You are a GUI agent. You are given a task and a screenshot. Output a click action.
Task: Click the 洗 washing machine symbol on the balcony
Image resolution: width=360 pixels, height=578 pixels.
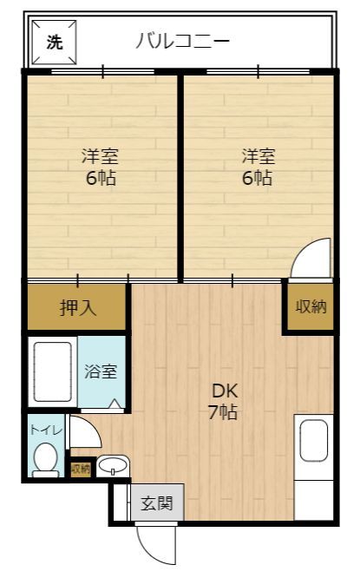[x=54, y=41]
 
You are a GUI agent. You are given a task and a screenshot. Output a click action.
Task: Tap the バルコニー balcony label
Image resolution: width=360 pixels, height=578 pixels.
[x=182, y=40]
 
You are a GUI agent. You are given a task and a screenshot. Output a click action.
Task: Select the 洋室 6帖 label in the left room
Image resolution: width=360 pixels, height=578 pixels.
[x=100, y=168]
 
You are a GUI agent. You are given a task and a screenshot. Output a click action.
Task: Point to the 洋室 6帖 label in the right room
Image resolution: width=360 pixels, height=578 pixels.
[x=258, y=168]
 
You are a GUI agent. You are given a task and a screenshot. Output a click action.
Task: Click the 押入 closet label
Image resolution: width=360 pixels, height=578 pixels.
[x=77, y=307]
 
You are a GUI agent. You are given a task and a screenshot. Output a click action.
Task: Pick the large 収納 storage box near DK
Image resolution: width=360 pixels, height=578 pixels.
[x=310, y=306]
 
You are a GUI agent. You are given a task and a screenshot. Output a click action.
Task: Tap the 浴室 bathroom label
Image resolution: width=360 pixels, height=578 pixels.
[x=101, y=371]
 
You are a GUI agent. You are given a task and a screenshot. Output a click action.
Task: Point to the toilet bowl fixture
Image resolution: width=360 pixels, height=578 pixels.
[x=45, y=457]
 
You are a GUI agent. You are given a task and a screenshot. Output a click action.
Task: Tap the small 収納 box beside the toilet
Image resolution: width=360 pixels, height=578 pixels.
[x=80, y=469]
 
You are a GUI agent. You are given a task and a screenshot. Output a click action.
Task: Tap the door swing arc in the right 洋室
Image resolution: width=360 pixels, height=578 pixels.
[x=310, y=260]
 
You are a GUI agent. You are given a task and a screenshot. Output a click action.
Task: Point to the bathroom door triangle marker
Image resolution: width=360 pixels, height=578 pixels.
[x=116, y=404]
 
